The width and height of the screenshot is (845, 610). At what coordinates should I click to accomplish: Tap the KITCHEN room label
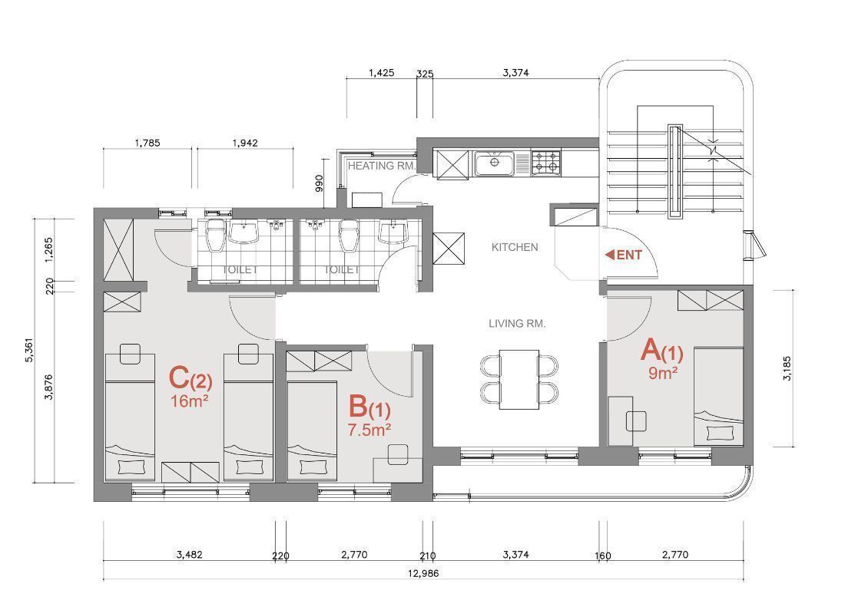click(515, 247)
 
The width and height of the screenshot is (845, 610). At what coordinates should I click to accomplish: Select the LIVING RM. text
click(517, 324)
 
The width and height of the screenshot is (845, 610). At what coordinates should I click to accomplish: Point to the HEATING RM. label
click(382, 166)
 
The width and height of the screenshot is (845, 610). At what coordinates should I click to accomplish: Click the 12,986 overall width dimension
click(423, 573)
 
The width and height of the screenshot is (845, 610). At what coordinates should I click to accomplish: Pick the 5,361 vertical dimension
click(29, 351)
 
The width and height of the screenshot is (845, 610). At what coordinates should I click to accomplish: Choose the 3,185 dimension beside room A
click(787, 368)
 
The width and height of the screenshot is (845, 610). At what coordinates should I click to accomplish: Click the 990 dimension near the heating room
click(319, 183)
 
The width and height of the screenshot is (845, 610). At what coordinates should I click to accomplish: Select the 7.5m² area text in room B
click(369, 430)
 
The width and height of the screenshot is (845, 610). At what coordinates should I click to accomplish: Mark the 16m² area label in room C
click(189, 401)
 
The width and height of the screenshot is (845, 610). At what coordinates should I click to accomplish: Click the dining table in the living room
click(519, 380)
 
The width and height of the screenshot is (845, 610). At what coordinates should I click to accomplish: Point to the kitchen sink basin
click(495, 163)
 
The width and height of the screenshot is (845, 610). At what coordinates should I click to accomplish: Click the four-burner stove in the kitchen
click(546, 163)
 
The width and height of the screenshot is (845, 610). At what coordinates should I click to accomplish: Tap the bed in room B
click(309, 430)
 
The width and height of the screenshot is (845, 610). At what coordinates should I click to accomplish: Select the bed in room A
click(719, 397)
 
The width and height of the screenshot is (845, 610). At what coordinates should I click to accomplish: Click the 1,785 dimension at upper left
click(147, 143)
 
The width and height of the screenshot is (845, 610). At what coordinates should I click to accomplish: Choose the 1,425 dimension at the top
click(382, 73)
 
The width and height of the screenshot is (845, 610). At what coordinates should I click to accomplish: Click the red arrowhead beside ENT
click(610, 255)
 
